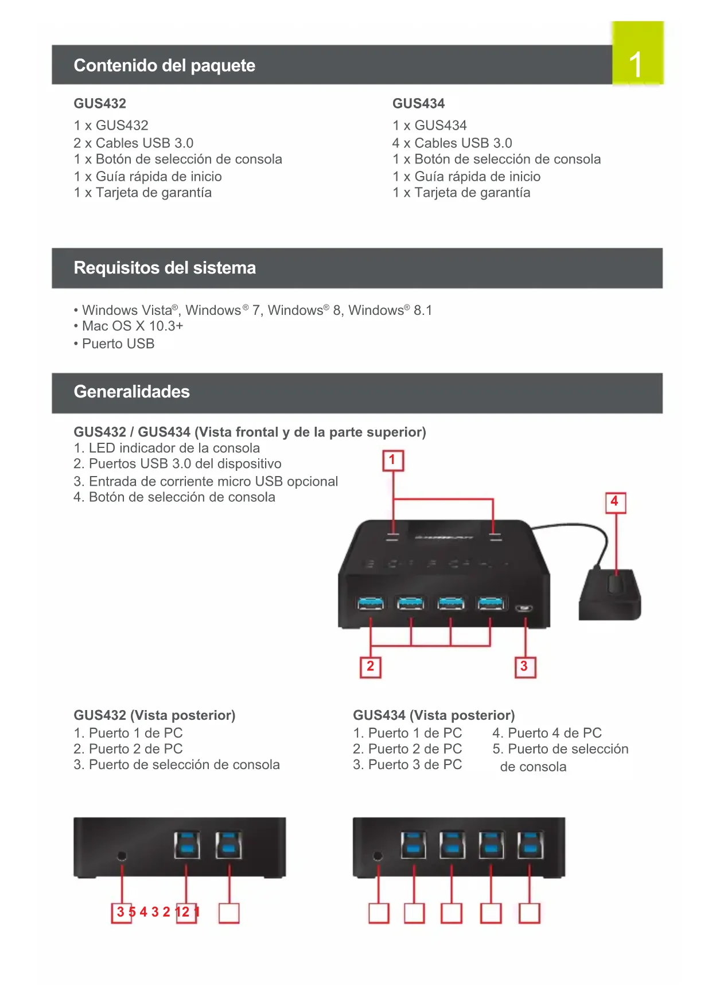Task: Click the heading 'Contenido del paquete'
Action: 165,65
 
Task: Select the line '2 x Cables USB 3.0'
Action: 133,143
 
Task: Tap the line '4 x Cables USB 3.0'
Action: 452,143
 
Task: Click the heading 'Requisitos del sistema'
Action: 165,268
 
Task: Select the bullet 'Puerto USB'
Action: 118,344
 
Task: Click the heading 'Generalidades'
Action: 131,392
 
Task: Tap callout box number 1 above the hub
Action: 393,460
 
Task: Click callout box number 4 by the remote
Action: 615,502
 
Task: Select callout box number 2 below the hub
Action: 370,666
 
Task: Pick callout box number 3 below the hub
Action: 524,666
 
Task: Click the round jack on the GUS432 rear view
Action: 122,856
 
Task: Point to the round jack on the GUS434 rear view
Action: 378,856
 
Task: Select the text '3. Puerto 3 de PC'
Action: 407,765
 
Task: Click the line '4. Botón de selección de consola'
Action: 174,497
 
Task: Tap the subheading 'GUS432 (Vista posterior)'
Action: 154,715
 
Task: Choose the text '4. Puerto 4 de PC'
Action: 547,733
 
